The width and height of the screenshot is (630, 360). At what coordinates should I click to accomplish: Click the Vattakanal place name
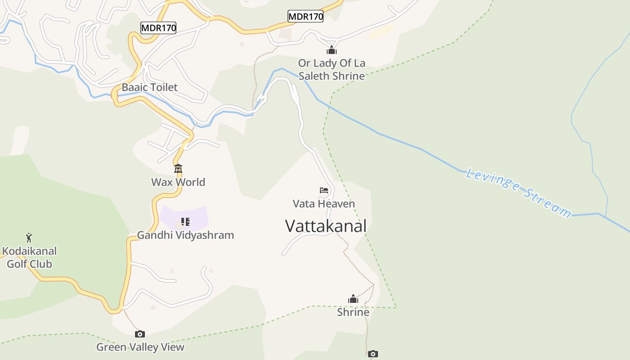click(x=326, y=226)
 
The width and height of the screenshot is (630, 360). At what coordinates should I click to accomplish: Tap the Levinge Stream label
click(x=518, y=193)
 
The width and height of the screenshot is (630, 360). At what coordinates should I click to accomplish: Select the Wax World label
click(x=178, y=182)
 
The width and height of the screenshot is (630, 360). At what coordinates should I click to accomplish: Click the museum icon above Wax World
click(x=178, y=169)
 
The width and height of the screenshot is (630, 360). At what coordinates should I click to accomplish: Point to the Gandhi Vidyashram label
click(x=185, y=235)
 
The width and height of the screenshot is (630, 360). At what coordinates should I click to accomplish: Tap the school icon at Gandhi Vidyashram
click(x=185, y=222)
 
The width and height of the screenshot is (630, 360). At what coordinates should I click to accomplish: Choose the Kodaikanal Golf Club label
click(x=29, y=257)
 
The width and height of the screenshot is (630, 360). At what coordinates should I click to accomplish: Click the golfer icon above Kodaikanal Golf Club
click(x=29, y=237)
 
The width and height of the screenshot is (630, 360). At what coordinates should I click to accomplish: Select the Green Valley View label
click(x=140, y=347)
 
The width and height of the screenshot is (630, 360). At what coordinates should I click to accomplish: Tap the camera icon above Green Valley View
click(x=140, y=334)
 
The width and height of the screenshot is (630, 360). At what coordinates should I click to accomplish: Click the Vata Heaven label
click(x=324, y=204)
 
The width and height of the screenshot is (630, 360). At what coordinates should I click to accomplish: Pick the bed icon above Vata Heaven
click(x=324, y=190)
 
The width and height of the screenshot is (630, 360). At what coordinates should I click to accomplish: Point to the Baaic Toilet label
click(x=150, y=87)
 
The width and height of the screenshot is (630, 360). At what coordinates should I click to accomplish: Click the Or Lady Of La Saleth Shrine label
click(x=332, y=69)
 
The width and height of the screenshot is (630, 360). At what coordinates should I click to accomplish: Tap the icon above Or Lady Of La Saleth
click(x=332, y=50)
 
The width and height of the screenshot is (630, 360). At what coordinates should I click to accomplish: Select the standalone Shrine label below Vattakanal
click(x=353, y=312)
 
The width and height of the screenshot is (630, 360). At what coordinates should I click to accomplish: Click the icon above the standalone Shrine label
click(x=353, y=299)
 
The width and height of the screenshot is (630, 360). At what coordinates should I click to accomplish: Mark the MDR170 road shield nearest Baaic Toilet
click(x=158, y=28)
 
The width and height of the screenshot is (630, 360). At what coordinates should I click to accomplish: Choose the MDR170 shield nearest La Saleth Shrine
click(x=306, y=17)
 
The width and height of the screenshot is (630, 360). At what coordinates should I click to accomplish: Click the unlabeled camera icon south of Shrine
click(x=373, y=354)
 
